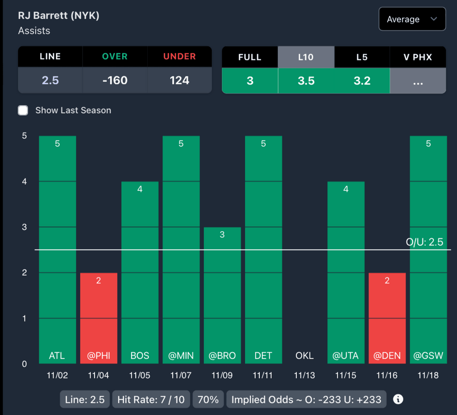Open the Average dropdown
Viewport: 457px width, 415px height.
(412, 19)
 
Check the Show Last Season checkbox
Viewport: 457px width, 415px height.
(23, 110)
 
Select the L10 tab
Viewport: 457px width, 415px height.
(306, 57)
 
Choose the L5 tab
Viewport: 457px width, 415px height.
(361, 57)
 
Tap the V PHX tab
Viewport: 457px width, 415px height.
(418, 57)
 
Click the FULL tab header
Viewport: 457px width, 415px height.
(250, 57)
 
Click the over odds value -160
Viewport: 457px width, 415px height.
(115, 80)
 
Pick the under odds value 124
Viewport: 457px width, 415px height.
(179, 80)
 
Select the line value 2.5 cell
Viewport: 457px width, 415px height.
(50, 80)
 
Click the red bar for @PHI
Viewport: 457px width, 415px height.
(99, 318)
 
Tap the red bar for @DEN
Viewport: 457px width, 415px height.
(387, 318)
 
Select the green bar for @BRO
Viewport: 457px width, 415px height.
(222, 295)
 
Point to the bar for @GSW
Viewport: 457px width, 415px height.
(428, 250)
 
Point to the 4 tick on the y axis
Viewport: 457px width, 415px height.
(24, 182)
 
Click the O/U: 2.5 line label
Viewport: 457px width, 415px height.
(424, 242)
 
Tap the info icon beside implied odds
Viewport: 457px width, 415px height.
(398, 399)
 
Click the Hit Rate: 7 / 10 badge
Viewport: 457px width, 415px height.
(151, 399)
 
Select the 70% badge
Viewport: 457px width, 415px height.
(208, 399)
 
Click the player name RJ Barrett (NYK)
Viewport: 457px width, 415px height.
(58, 16)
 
